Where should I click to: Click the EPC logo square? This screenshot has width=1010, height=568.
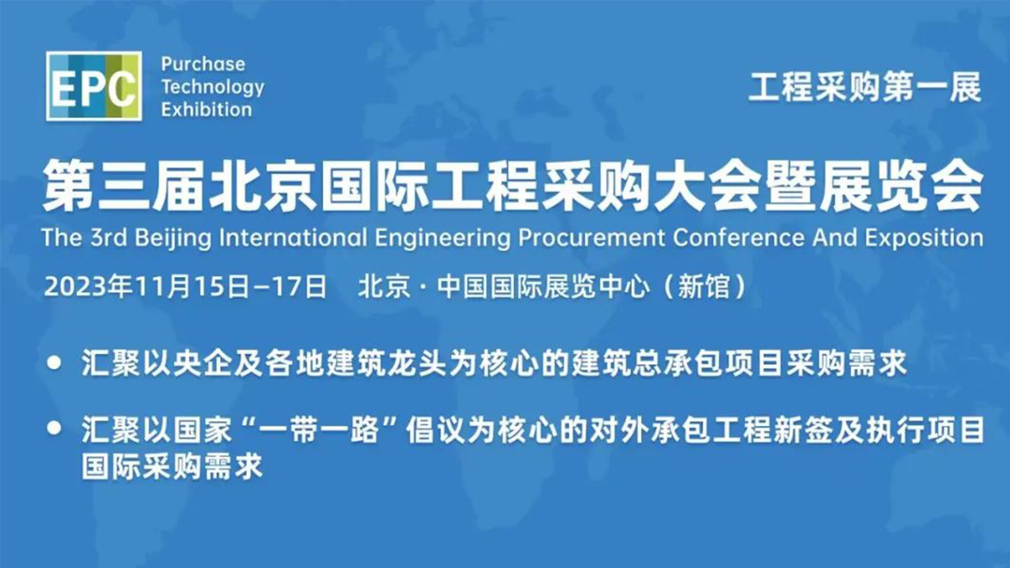(94, 86)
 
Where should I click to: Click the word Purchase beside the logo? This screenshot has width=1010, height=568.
(203, 64)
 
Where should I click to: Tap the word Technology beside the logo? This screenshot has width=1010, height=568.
(212, 88)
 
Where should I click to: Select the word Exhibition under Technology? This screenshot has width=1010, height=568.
(206, 110)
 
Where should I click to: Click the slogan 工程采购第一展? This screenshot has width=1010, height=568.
(864, 87)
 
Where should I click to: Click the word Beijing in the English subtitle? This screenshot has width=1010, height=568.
(173, 239)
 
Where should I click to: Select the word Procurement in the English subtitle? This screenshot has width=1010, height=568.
(591, 238)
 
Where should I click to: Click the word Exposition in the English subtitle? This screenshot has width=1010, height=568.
(924, 238)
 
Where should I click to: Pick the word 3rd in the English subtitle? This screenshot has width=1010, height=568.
(109, 237)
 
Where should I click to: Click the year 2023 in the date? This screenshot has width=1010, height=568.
(75, 287)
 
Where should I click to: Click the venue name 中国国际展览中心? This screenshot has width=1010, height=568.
(544, 287)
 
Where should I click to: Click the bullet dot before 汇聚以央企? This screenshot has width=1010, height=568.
(54, 363)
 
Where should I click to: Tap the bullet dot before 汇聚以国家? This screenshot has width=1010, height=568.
(54, 429)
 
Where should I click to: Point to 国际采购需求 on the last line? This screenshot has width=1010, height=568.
(172, 466)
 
